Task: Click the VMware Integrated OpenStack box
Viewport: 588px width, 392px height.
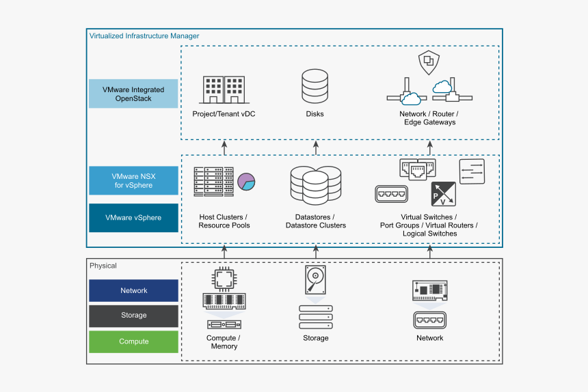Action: pos(133,94)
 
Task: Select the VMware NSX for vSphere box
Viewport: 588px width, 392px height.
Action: pos(133,181)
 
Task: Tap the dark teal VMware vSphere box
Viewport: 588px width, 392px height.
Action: pos(133,218)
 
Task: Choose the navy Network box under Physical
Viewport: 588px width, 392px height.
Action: pos(133,290)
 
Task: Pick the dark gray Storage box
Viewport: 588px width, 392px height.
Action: pos(133,316)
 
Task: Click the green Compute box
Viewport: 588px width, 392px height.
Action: pos(133,341)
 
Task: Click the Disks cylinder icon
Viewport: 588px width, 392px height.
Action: pos(315,87)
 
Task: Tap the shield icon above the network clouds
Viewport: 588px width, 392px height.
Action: pos(429,64)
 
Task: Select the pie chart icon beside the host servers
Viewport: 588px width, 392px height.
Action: pos(246,182)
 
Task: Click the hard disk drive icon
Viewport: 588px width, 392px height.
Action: pos(315,280)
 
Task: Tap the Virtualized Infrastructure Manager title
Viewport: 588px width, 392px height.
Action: pos(144,36)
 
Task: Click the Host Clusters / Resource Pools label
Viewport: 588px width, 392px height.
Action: pos(224,221)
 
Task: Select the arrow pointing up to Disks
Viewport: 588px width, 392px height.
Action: pos(315,146)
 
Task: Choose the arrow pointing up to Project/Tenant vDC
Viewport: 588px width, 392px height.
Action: pos(224,146)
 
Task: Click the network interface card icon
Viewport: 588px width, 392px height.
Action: pos(430,291)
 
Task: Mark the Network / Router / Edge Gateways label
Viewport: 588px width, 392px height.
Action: pos(429,118)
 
